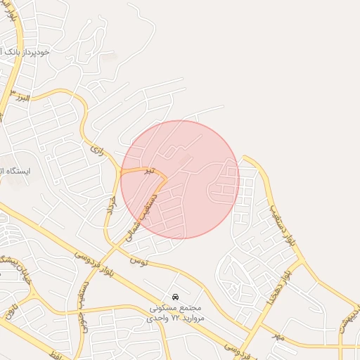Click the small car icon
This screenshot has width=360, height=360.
pos(175,297)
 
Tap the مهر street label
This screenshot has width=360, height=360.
pos(280,337)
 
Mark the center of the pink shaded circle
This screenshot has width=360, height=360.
pos(180,179)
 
